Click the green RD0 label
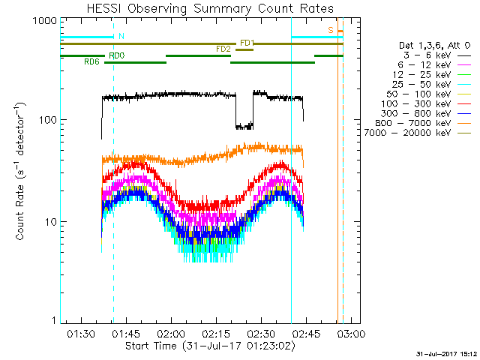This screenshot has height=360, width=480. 117,56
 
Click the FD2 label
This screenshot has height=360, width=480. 223,49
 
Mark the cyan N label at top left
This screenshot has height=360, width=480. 122,36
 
